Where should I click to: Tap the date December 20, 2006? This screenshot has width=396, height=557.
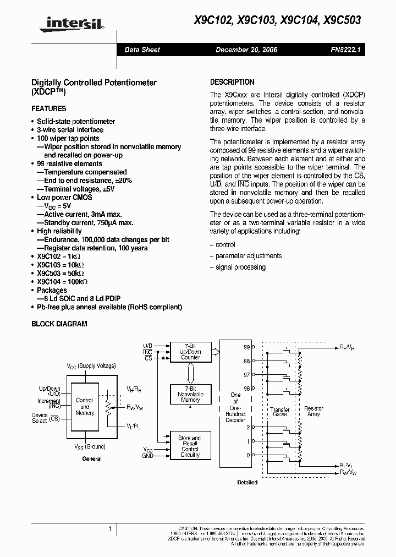246,50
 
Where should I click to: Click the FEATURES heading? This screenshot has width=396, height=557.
48,108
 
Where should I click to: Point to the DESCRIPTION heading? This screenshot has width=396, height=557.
232,82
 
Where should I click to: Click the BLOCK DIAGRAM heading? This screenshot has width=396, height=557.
59,324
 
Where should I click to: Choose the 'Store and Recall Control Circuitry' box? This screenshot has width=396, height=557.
190,446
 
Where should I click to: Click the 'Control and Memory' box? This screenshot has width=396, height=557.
85,407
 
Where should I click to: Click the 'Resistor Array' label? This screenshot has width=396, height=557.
314,411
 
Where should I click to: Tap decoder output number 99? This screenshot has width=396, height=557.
246,348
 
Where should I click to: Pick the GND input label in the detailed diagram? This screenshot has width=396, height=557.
147,456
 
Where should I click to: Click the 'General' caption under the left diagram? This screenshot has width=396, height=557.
92,458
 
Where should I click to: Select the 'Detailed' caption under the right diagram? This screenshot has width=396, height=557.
247,482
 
